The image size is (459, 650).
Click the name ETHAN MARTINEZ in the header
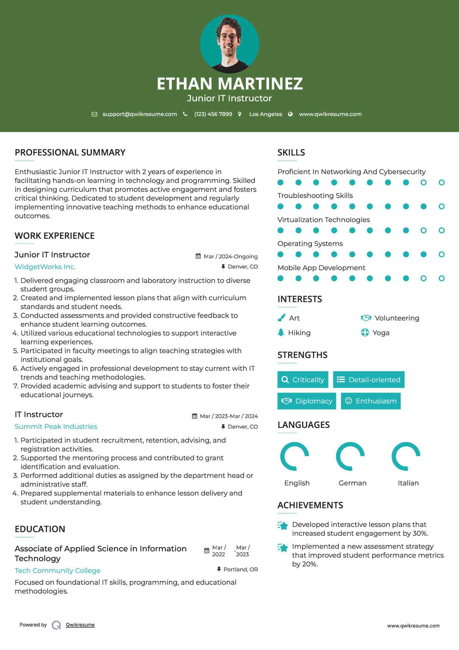pos(230,84)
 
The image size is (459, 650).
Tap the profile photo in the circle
pos(230,44)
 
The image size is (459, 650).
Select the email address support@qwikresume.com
pos(140,114)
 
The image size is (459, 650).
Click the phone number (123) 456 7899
pos(213,114)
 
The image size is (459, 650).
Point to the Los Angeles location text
pos(266,114)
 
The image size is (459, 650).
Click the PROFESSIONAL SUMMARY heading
pos(70,153)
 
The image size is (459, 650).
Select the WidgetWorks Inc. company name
pos(45,267)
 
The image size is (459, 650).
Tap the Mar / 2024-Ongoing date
pos(230,256)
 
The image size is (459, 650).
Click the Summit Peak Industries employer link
pos(56,427)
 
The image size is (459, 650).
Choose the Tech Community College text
pos(57,571)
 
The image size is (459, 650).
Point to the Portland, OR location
pos(240,569)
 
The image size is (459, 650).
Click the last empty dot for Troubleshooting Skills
pos(441,206)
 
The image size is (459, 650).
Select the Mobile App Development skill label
pos(321,268)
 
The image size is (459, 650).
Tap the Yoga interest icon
pos(365,333)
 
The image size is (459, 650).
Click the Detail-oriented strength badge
pos(369,380)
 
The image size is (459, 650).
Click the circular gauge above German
pos(350,456)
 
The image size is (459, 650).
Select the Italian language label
pos(408,483)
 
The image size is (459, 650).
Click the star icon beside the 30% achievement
pos(283,526)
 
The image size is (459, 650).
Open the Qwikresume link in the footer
pos(80,625)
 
